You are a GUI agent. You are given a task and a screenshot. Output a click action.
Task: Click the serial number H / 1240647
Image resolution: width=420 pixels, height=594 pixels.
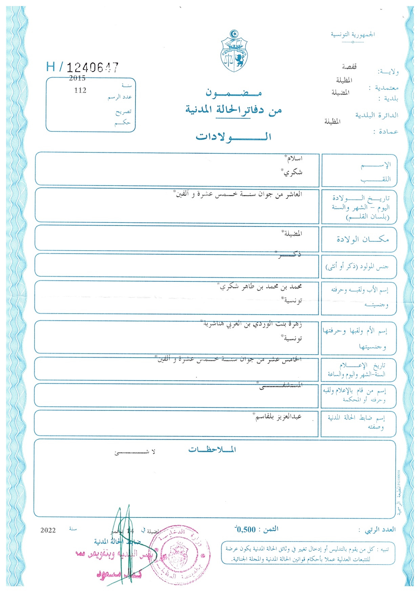(x=83, y=67)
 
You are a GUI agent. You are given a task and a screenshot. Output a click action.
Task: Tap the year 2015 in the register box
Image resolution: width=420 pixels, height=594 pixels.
(x=77, y=78)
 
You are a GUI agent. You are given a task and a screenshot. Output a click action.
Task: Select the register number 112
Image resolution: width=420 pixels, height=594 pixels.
(x=80, y=90)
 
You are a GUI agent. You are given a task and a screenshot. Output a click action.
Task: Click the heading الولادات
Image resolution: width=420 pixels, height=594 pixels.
(x=234, y=137)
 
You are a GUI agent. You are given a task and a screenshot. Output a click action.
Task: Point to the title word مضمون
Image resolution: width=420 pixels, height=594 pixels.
(x=234, y=93)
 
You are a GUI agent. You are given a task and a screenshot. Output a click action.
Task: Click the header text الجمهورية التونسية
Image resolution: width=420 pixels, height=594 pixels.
(x=353, y=35)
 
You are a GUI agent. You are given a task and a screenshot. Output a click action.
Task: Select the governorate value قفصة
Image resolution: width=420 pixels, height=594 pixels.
(x=349, y=67)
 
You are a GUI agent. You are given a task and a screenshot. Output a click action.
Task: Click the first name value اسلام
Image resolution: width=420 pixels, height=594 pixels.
(x=294, y=158)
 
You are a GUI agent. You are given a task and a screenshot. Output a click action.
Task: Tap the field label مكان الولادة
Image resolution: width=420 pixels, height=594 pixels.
(x=362, y=239)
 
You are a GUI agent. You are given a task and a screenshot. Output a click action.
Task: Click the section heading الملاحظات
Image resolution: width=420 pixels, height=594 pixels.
(x=212, y=450)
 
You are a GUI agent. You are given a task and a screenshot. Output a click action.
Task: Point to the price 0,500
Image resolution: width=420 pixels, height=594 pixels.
(x=246, y=530)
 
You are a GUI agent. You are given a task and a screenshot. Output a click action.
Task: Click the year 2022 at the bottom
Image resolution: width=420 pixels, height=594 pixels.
(x=48, y=530)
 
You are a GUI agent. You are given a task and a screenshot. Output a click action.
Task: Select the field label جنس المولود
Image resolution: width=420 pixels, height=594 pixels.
(x=357, y=267)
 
